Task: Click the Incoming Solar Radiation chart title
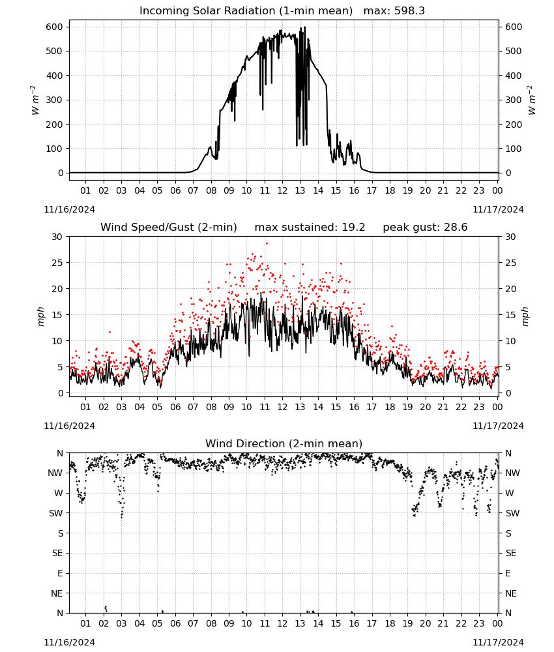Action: click(246, 11)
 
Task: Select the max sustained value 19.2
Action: click(353, 228)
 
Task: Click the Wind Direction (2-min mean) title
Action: click(284, 443)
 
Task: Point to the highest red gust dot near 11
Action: click(267, 244)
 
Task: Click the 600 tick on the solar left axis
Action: click(55, 27)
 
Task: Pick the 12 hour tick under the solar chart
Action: click(282, 190)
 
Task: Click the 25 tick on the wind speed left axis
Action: click(57, 263)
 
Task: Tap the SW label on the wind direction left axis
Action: click(56, 514)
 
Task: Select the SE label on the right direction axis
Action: click(511, 554)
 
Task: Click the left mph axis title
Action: click(40, 316)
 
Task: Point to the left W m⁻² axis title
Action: click(35, 100)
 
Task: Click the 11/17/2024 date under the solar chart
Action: click(498, 209)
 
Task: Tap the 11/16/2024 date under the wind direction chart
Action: click(69, 642)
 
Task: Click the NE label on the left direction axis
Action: click(57, 594)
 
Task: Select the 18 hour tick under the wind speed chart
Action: click(390, 407)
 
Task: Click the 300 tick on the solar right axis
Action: click(514, 100)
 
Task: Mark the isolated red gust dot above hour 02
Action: click(109, 333)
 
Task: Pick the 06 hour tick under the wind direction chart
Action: click(175, 624)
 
